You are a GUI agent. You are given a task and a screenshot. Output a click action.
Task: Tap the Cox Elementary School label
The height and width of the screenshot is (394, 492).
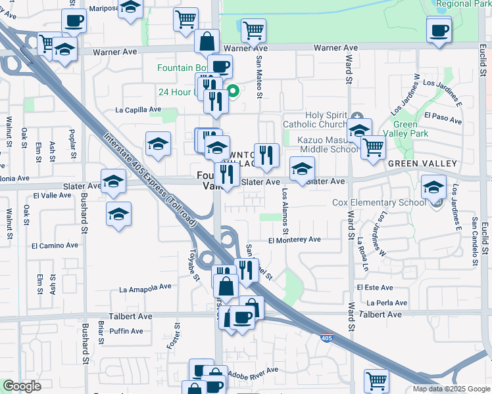387,203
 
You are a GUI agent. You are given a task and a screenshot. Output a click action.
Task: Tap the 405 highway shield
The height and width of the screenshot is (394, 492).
327,338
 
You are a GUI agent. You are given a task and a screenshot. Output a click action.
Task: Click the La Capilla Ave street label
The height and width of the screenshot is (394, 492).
138,110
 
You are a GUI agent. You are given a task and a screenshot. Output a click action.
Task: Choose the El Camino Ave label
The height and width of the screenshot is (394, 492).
54,245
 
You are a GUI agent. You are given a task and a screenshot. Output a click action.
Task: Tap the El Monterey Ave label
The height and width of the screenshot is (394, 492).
294,240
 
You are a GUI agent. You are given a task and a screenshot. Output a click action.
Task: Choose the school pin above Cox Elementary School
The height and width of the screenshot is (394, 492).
433,186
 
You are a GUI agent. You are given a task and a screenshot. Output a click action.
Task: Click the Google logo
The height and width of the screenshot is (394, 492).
22,386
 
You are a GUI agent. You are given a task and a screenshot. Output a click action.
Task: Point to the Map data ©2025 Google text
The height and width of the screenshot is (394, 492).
451,389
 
